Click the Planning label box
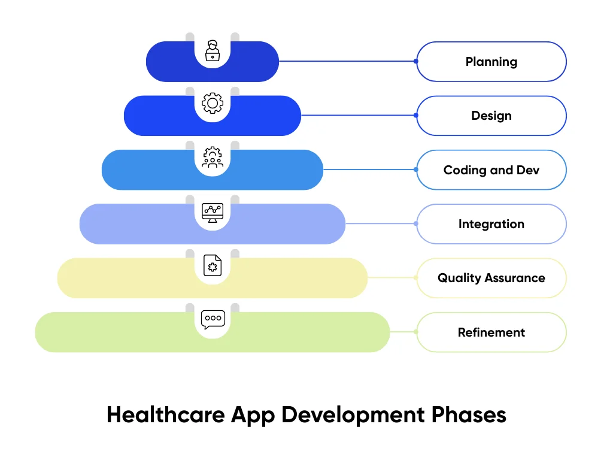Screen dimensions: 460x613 point(491,62)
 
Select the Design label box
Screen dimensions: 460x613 point(491,116)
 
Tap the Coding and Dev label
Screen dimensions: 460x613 point(491,170)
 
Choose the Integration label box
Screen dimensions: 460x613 point(491,224)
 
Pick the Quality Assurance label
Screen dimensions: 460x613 point(491,278)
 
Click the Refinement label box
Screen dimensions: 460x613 point(491,332)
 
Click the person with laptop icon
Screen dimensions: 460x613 point(213,51)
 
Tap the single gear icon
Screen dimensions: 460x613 point(213,103)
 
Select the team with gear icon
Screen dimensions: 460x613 point(213,158)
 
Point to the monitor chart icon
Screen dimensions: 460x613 point(213,212)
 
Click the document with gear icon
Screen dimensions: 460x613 point(213,265)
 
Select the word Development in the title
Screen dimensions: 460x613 point(351,415)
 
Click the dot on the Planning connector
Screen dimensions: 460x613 point(416,61)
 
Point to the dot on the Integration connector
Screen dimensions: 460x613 point(416,224)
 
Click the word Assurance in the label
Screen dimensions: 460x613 point(516,278)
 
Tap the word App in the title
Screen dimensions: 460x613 point(250,415)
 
